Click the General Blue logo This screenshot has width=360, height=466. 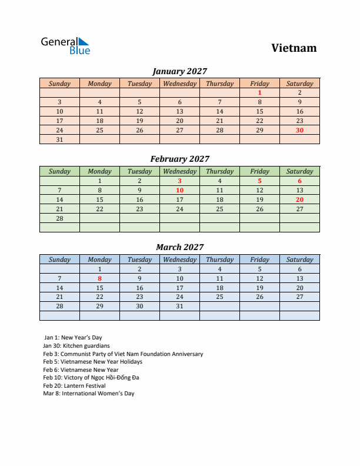click(65, 45)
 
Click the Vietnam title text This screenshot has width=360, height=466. click(294, 48)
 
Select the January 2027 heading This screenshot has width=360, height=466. click(179, 71)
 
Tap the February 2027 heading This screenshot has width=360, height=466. click(179, 159)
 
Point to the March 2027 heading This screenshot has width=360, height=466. click(179, 247)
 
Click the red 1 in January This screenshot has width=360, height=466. click(259, 92)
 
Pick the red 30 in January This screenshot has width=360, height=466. click(299, 130)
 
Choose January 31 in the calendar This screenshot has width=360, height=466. click(59, 139)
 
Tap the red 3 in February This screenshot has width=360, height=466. click(179, 181)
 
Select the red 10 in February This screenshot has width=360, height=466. click(179, 190)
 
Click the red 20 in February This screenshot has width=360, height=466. click(299, 199)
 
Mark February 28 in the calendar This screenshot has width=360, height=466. click(59, 218)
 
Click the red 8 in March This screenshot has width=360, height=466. click(99, 278)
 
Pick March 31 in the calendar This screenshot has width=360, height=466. click(179, 307)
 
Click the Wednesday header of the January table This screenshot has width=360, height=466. click(179, 84)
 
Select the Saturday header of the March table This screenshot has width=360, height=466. click(299, 259)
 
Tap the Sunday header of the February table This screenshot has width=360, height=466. click(59, 171)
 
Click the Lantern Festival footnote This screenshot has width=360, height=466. click(74, 385)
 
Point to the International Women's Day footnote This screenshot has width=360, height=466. click(88, 393)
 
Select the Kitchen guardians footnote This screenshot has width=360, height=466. click(76, 346)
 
